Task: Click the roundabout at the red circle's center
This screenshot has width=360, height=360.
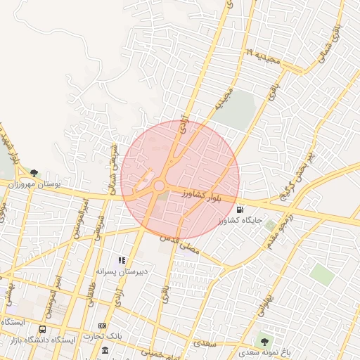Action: tap(159, 186)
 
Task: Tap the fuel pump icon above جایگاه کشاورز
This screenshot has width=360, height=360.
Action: tap(240, 210)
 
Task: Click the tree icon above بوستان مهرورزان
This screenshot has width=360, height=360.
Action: tap(34, 173)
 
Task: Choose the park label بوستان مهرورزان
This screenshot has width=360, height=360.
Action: tap(34, 184)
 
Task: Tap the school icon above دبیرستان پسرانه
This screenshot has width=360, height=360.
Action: tap(122, 260)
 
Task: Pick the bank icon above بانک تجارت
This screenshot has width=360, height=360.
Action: tap(103, 326)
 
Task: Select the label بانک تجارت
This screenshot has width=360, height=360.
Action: tap(103, 336)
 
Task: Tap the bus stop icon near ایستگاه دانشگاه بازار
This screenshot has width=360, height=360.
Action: tap(43, 329)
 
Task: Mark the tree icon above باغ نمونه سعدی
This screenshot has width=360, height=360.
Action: tap(264, 341)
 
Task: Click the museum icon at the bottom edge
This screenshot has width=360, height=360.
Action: tap(105, 350)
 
